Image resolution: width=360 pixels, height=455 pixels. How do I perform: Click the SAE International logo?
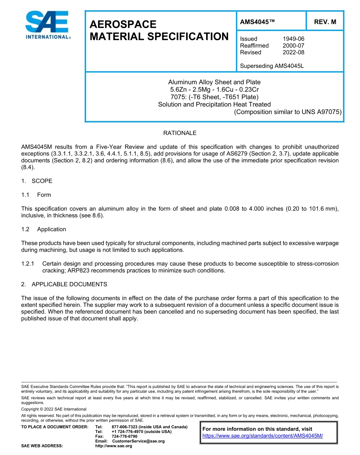coord(47,25)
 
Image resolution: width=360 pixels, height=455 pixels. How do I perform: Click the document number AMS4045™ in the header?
coord(257,22)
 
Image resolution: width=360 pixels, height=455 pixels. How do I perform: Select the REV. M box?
coord(325,22)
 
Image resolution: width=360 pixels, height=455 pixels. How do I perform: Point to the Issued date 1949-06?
coord(293,39)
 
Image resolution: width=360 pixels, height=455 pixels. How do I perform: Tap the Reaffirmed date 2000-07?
coord(293,45)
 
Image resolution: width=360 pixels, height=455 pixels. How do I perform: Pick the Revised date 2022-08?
coord(293,52)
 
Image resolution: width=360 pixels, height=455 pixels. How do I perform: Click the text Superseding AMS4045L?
coord(272,66)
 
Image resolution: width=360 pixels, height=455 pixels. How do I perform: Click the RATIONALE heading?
coord(180,133)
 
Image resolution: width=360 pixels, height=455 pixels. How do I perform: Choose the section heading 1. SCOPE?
coord(37,181)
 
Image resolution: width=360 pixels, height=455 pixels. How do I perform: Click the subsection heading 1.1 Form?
coord(36,195)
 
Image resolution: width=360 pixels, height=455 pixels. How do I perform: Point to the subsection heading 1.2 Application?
coord(44,229)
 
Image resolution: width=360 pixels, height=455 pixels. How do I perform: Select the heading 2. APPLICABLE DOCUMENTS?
coord(64,284)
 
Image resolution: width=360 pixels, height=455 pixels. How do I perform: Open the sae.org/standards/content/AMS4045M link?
coord(263,436)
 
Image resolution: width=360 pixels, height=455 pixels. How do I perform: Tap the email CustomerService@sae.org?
coord(138,441)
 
